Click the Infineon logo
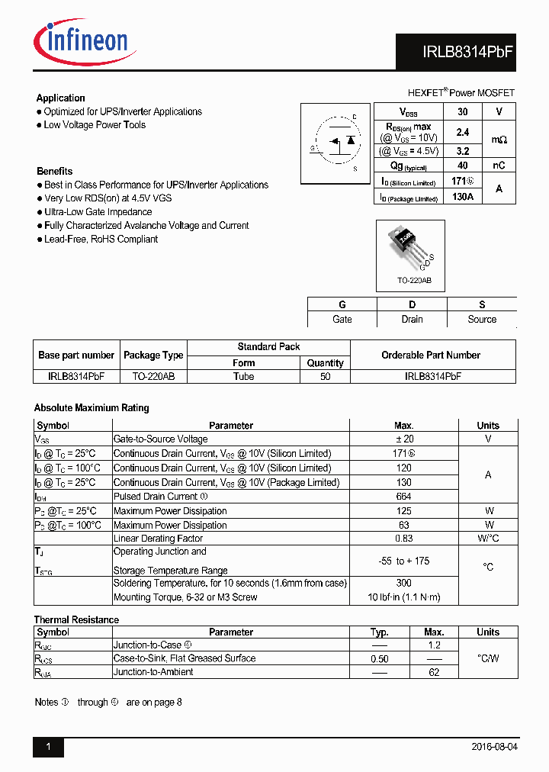(x=81, y=38)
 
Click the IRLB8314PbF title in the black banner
(x=468, y=53)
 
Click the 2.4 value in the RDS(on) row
(x=462, y=132)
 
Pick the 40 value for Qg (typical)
(x=462, y=166)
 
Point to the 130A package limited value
(x=462, y=197)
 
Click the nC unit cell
(x=499, y=166)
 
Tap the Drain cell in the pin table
(x=412, y=320)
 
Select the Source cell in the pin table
(x=482, y=320)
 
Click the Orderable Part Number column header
(x=431, y=355)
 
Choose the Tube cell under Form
(x=244, y=377)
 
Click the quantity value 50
(x=326, y=377)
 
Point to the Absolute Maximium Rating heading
(x=91, y=408)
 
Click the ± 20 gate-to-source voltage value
(x=403, y=439)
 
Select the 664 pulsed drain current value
(x=403, y=497)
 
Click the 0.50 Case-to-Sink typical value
(x=379, y=658)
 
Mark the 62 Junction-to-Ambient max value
(x=434, y=672)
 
